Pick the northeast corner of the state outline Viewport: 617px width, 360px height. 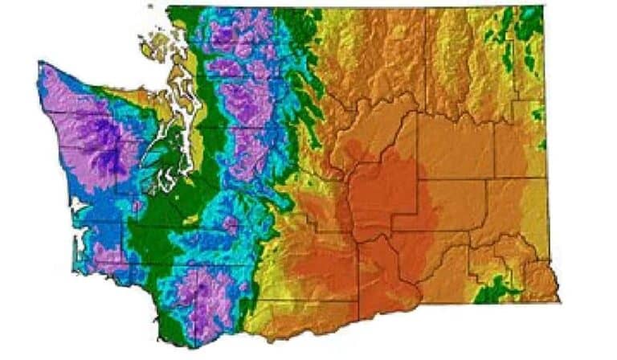[x=543, y=8]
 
